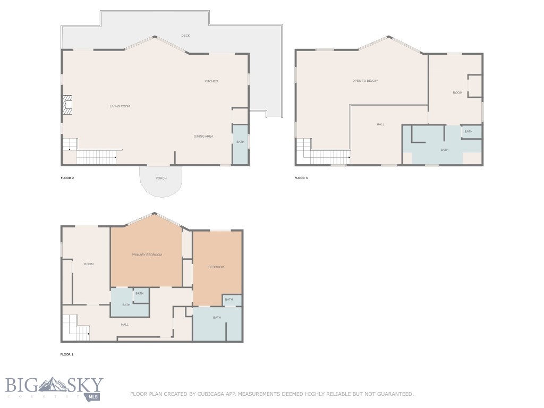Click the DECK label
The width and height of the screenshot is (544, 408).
pyautogui.click(x=185, y=36)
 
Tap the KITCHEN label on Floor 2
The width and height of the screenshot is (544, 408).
pyautogui.click(x=211, y=81)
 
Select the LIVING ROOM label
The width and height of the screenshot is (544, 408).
pyautogui.click(x=120, y=106)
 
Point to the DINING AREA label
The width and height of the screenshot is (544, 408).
pyautogui.click(x=203, y=137)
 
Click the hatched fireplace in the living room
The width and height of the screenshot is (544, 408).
pyautogui.click(x=67, y=105)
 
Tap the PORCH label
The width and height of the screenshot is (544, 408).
pyautogui.click(x=161, y=178)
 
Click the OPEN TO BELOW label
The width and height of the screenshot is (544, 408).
pyautogui.click(x=365, y=81)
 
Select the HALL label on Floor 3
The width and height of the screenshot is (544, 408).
pyautogui.click(x=380, y=124)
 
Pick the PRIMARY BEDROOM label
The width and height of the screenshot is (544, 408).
pyautogui.click(x=147, y=254)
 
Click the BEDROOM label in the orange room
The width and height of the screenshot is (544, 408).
pyautogui.click(x=216, y=267)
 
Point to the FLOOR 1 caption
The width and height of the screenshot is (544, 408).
pyautogui.click(x=67, y=354)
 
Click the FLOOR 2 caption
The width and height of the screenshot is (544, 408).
pyautogui.click(x=67, y=178)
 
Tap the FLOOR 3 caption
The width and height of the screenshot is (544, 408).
pyautogui.click(x=301, y=178)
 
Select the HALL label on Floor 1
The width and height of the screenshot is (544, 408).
pyautogui.click(x=125, y=325)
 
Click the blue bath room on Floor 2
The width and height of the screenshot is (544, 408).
pyautogui.click(x=240, y=144)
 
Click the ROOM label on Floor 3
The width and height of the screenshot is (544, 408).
pyautogui.click(x=457, y=92)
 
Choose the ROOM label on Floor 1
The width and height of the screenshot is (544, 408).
pyautogui.click(x=89, y=264)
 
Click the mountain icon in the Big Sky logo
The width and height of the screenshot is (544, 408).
pyautogui.click(x=52, y=385)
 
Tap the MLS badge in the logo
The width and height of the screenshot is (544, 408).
pyautogui.click(x=93, y=396)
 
